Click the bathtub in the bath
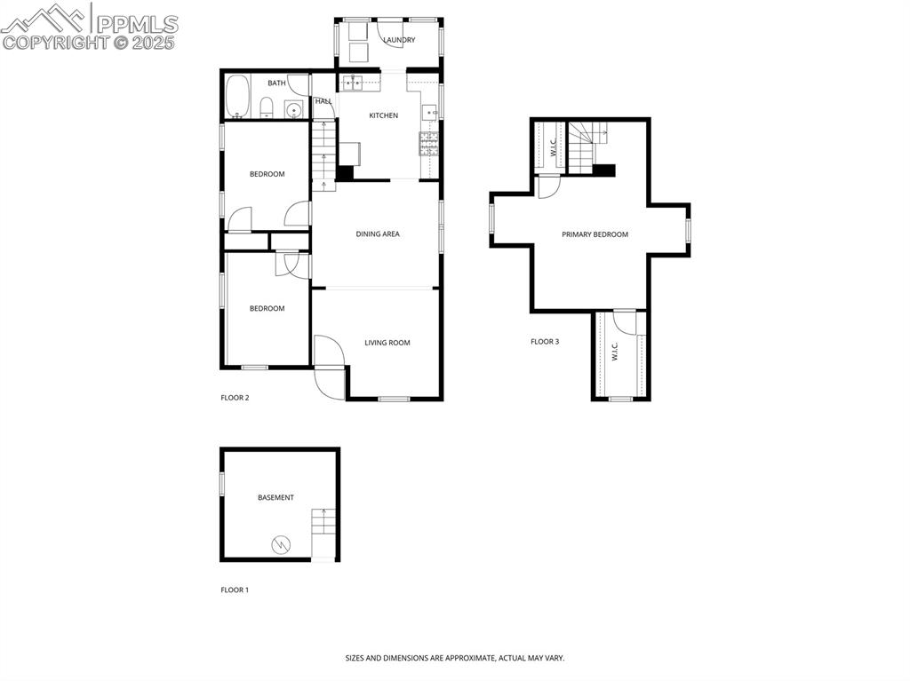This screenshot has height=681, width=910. pyautogui.click(x=237, y=96)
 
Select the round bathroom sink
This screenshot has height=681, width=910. pyautogui.click(x=292, y=109)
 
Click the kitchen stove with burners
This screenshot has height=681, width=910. pyautogui.click(x=428, y=143)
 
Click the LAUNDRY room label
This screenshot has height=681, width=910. pyautogui.click(x=399, y=40)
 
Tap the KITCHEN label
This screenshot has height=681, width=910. pyautogui.click(x=383, y=115)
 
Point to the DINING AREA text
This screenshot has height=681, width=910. pyautogui.click(x=378, y=234)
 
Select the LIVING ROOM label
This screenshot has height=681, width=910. pyautogui.click(x=387, y=343)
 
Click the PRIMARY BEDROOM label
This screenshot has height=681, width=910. pyautogui.click(x=595, y=234)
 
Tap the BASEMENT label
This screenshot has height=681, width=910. pyautogui.click(x=275, y=498)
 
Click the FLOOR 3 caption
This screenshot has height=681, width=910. pyautogui.click(x=544, y=342)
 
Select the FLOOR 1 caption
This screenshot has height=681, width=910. pyautogui.click(x=235, y=590)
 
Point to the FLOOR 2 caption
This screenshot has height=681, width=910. pyautogui.click(x=235, y=398)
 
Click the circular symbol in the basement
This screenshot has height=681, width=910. pyautogui.click(x=282, y=544)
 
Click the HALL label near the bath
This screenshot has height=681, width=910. pyautogui.click(x=323, y=101)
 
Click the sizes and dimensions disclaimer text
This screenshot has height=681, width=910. pyautogui.click(x=454, y=658)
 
